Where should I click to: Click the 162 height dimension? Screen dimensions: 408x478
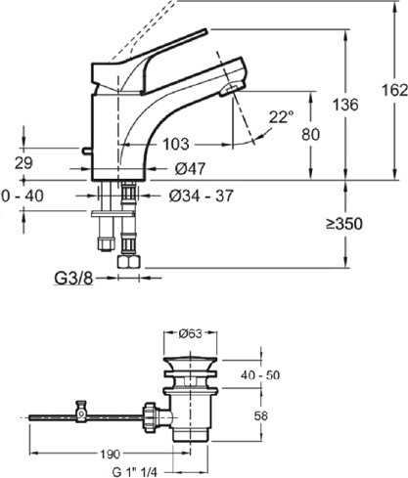(394, 90)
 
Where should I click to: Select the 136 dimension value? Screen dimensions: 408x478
(345, 105)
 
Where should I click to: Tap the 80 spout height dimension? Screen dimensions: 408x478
(310, 134)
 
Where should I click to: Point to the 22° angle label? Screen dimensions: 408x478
(282, 116)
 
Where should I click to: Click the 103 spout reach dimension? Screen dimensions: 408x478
(176, 144)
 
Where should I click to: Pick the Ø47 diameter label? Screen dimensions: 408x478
(190, 169)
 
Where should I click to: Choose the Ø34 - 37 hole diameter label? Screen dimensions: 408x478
(202, 196)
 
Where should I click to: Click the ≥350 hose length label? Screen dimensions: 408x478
(344, 224)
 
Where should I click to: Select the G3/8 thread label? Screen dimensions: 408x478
(73, 279)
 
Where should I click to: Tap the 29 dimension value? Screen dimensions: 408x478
(23, 163)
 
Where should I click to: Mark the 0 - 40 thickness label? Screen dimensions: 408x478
(23, 196)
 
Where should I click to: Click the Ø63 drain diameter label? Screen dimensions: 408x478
(191, 333)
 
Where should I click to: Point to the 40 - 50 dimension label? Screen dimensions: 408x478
(260, 375)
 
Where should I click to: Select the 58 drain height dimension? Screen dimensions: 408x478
(260, 416)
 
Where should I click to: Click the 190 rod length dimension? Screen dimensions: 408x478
(111, 454)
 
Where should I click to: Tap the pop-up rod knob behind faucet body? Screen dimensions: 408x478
(86, 151)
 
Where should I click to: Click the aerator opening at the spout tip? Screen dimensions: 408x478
(231, 88)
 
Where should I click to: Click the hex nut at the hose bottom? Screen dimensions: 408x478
(129, 262)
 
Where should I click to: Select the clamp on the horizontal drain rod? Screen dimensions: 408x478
(81, 412)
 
